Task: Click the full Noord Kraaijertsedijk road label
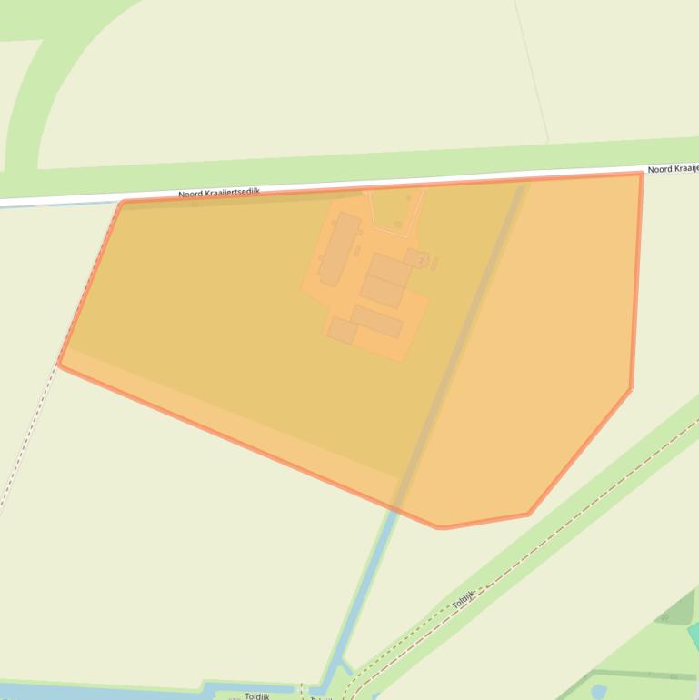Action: (218, 193)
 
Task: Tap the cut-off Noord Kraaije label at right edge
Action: (673, 169)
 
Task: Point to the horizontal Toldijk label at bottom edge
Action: (256, 696)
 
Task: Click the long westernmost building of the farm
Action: (338, 247)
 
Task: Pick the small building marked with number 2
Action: (416, 259)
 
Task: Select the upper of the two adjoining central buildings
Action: (390, 269)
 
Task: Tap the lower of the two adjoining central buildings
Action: (383, 291)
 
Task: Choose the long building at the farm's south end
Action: (377, 321)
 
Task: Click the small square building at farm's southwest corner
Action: (343, 330)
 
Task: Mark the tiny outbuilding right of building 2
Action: (434, 264)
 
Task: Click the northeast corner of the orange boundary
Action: (641, 174)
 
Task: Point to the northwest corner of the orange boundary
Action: (122, 203)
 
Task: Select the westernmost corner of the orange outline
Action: (59, 364)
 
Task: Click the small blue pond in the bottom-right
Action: (598, 692)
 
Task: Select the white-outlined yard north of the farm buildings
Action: (396, 210)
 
